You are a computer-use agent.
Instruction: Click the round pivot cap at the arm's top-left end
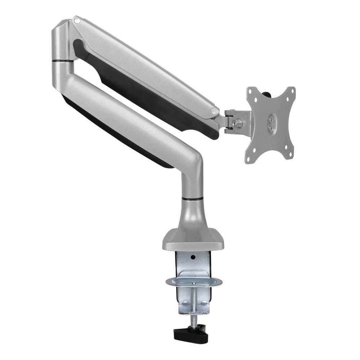click(76, 19)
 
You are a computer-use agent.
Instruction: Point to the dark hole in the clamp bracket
click(193, 258)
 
